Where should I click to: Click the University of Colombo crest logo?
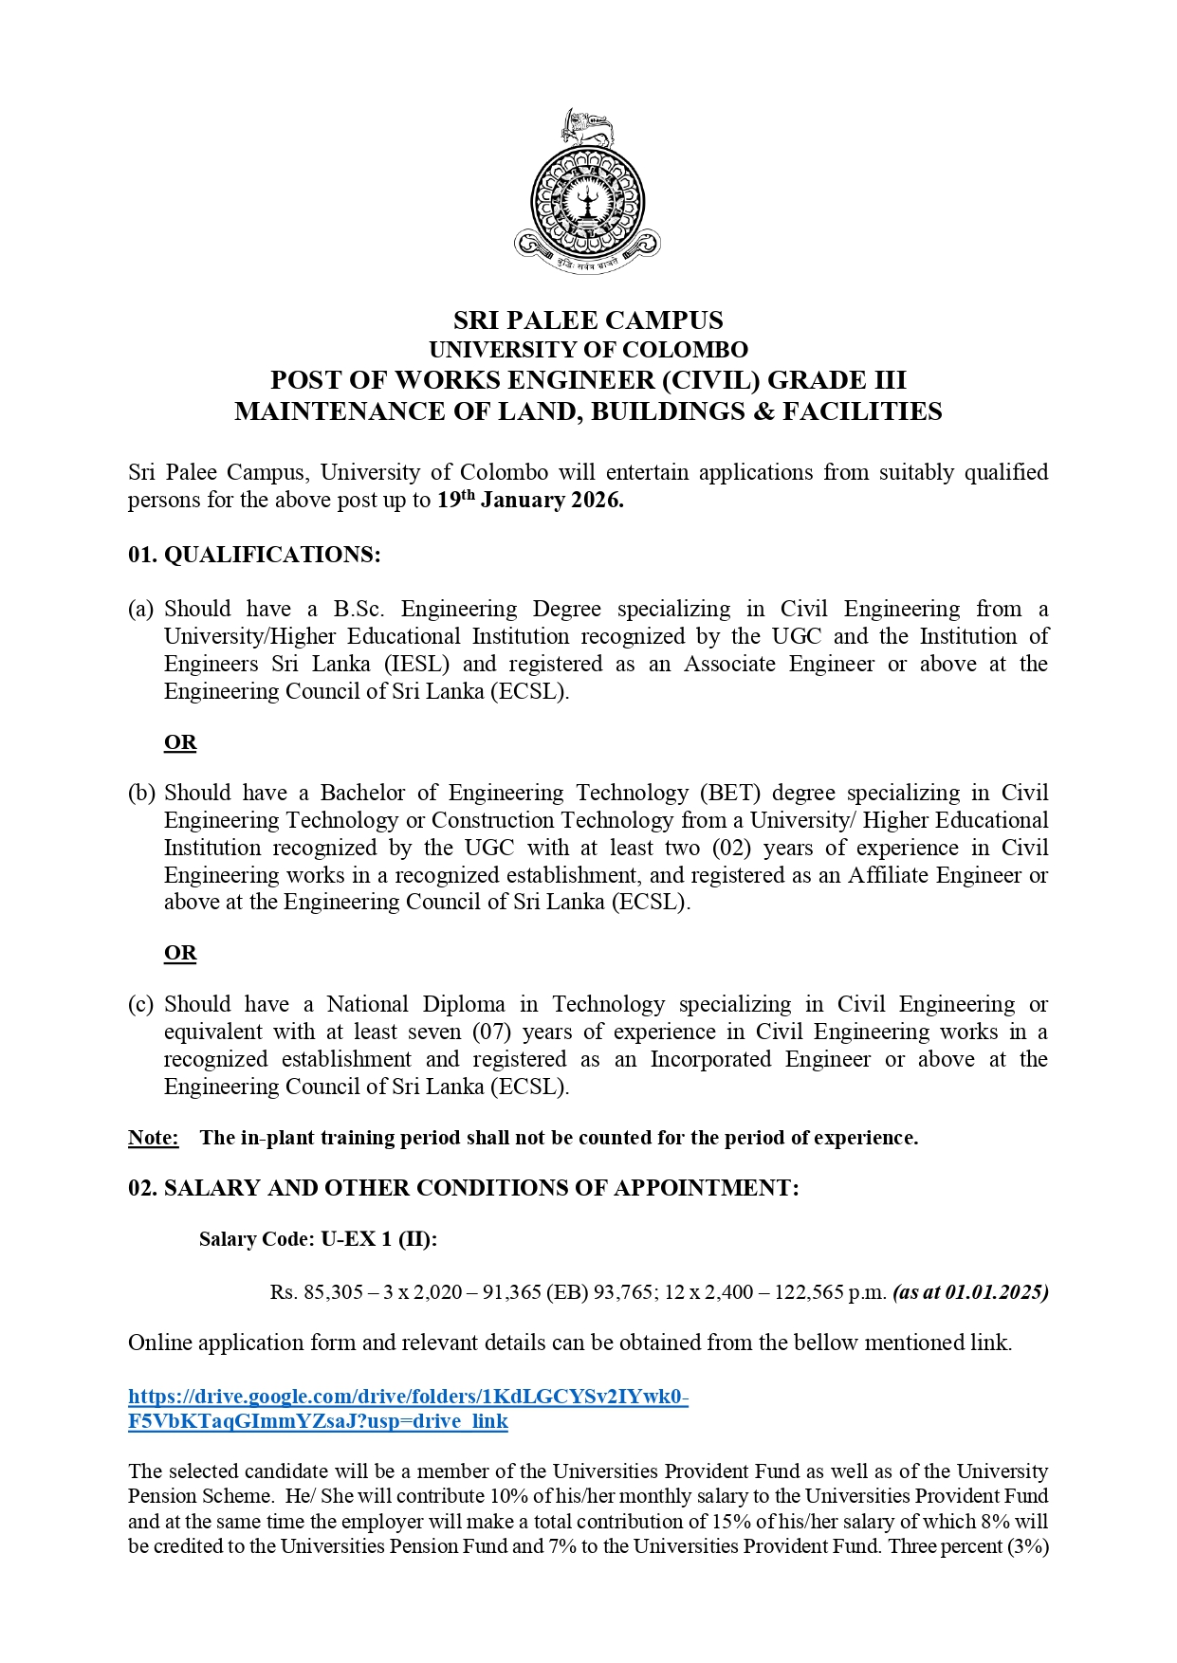click(x=587, y=192)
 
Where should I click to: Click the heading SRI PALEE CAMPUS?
click(x=588, y=320)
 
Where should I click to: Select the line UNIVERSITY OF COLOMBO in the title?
click(x=588, y=350)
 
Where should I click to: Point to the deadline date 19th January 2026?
click(x=530, y=500)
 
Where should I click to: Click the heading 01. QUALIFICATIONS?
click(x=254, y=555)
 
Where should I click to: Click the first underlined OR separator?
click(x=180, y=741)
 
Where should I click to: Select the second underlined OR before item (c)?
click(x=180, y=952)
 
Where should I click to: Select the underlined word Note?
click(x=154, y=1137)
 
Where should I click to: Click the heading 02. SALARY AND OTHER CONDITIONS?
click(x=464, y=1188)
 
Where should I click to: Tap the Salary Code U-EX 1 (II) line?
click(x=319, y=1239)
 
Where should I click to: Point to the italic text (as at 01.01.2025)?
click(x=970, y=1292)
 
